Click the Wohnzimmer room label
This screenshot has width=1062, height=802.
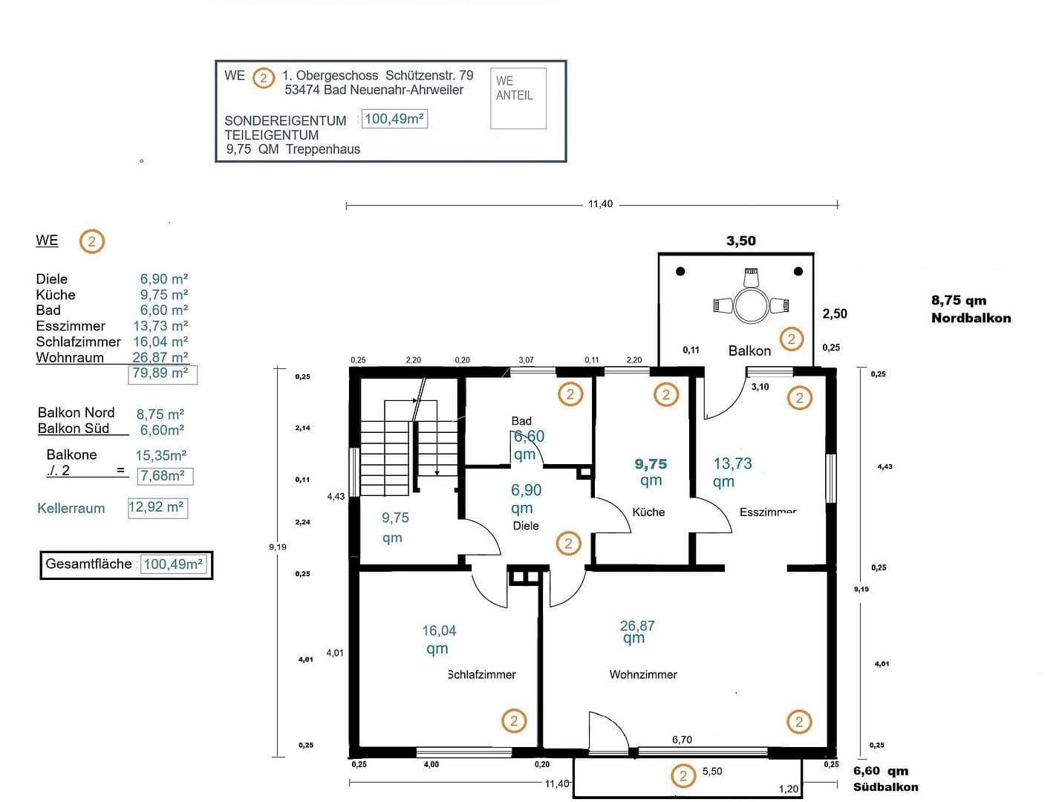point(643,674)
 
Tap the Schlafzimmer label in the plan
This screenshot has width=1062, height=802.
point(481,674)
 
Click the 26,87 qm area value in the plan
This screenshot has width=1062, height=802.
point(636,631)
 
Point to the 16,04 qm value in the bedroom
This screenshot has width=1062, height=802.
point(438,639)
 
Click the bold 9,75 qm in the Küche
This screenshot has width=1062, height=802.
point(651,472)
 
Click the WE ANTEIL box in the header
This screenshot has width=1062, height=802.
point(518,97)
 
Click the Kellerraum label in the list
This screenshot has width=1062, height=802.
point(71,509)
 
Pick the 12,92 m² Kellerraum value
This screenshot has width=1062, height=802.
point(157,508)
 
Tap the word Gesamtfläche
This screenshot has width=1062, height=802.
point(88,564)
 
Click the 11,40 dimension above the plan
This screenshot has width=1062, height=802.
point(600,204)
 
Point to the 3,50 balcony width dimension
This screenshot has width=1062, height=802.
point(740,241)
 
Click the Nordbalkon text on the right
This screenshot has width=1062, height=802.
point(971,318)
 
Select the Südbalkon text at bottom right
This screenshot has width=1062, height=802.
point(885,787)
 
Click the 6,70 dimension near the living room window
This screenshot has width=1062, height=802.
point(682,740)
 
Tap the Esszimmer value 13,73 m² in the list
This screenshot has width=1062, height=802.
point(160,326)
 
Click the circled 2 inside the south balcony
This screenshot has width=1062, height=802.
point(683,776)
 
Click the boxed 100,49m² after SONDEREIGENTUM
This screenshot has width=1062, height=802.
point(394,119)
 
